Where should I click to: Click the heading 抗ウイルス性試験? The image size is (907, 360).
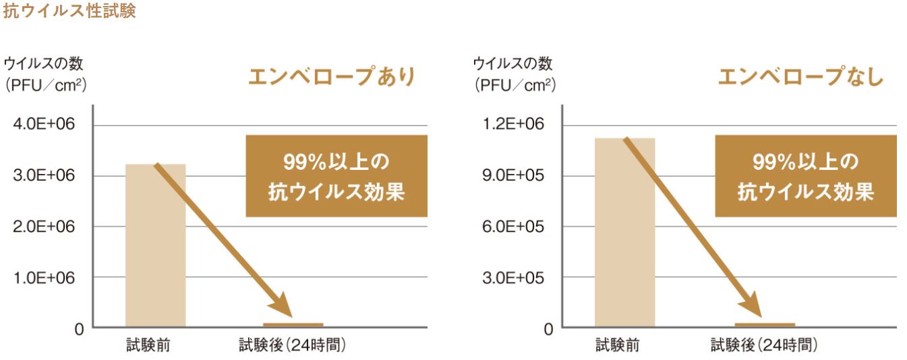[69, 11]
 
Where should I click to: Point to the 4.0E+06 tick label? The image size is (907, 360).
[46, 125]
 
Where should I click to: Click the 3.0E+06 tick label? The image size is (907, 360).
[46, 176]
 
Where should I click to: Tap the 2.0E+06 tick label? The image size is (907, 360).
[46, 227]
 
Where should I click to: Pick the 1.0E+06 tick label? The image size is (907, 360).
[46, 277]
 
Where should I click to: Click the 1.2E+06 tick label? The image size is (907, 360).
[515, 125]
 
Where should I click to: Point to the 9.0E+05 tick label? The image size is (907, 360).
[515, 176]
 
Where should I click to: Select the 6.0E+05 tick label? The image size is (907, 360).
[515, 227]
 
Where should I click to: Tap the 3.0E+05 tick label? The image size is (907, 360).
[515, 277]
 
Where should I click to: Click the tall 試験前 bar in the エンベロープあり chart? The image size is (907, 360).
[155, 246]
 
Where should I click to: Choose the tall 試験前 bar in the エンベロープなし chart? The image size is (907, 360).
[624, 233]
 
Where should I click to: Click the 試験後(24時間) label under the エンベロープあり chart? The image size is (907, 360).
[292, 346]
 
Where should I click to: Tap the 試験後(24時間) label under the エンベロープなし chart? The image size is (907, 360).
[763, 346]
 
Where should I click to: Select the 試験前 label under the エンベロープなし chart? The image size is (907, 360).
[617, 346]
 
